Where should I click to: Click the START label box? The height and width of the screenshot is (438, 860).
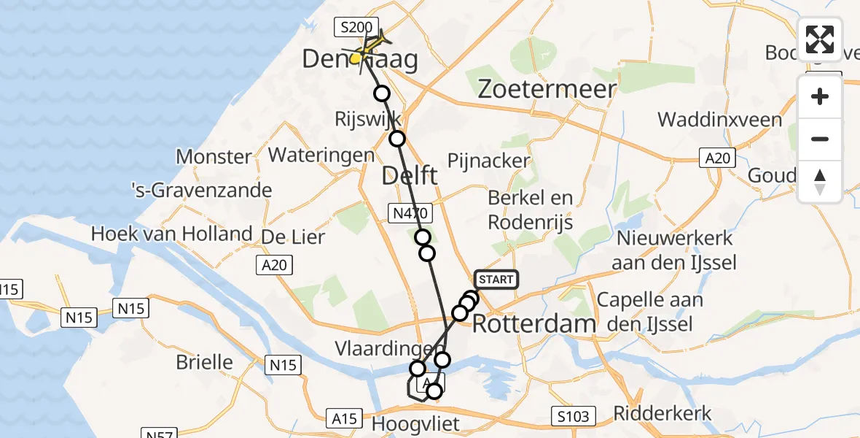[496, 279]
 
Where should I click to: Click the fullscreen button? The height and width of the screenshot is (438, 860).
[820, 39]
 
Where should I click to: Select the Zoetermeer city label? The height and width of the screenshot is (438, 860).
[547, 89]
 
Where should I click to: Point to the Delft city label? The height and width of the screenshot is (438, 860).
[410, 175]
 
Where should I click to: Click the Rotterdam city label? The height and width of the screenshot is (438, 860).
[534, 323]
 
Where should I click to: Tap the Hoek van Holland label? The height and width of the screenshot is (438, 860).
[172, 234]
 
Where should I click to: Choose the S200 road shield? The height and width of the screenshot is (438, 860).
[357, 28]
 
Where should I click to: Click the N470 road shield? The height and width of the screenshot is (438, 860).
[410, 213]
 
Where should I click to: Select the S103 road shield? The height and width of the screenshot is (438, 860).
[574, 415]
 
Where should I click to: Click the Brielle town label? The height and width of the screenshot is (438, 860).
[205, 362]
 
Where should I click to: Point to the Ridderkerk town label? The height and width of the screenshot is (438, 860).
[662, 413]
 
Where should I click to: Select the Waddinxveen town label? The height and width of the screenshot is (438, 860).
[719, 120]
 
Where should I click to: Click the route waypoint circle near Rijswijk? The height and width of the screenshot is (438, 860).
[397, 139]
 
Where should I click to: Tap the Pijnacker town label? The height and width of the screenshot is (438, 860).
[488, 161]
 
